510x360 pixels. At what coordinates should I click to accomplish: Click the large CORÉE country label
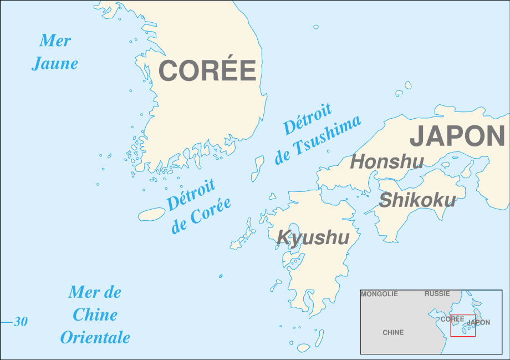point(207,70)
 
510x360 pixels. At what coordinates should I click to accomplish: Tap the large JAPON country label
point(457,136)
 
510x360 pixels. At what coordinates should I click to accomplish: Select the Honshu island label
point(387,162)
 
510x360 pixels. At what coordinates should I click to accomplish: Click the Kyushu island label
point(313,237)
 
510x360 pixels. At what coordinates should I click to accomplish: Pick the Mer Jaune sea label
point(54,52)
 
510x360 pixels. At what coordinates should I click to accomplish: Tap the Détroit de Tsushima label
point(317,134)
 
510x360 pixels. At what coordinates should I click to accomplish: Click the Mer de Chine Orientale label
point(95,315)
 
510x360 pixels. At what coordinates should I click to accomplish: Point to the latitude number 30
point(21,322)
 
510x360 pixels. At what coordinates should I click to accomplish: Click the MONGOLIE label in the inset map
point(379,294)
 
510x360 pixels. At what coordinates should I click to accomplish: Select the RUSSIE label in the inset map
point(437,294)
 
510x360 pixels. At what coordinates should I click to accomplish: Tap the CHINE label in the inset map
point(393,333)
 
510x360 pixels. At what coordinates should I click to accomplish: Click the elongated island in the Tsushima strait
point(258,168)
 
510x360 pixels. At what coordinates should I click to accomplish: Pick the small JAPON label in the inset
point(478,323)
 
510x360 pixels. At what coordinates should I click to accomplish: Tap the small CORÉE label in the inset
point(452,319)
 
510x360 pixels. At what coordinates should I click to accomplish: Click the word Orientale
point(95,337)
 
